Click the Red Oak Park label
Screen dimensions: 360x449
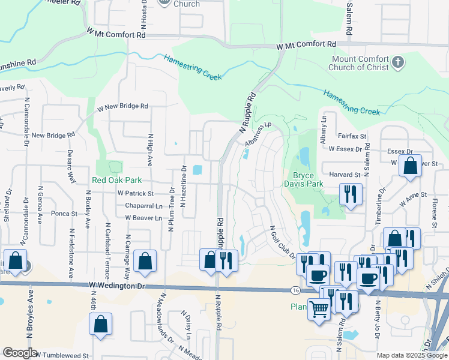coord(117,179)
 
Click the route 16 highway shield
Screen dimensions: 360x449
coord(295,290)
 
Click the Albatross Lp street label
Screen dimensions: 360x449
coord(259,135)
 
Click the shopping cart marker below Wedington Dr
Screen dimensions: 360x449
coord(319,308)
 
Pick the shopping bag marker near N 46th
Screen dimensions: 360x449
coord(101,323)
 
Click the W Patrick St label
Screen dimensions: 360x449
coord(136,194)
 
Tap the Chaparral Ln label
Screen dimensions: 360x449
coord(143,206)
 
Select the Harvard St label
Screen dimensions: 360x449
coord(344,175)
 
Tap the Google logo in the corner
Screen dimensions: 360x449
coord(20,353)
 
